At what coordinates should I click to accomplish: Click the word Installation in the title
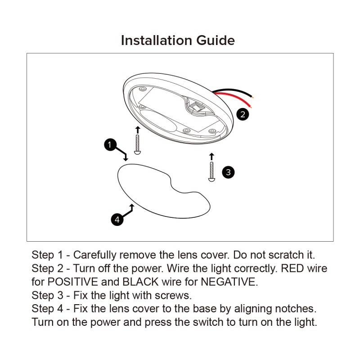[156, 40]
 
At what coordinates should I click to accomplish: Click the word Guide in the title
[216, 40]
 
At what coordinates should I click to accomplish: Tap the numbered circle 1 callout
[110, 144]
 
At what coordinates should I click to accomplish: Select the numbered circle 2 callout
[243, 114]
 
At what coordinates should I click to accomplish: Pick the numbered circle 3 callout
[228, 172]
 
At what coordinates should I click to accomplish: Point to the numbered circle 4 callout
[117, 219]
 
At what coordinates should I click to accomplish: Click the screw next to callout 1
[137, 144]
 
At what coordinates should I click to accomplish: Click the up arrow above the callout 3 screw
[211, 157]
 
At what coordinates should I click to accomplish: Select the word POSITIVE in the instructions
[72, 282]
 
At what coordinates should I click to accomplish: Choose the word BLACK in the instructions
[140, 282]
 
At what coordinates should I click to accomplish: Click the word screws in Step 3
[173, 296]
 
